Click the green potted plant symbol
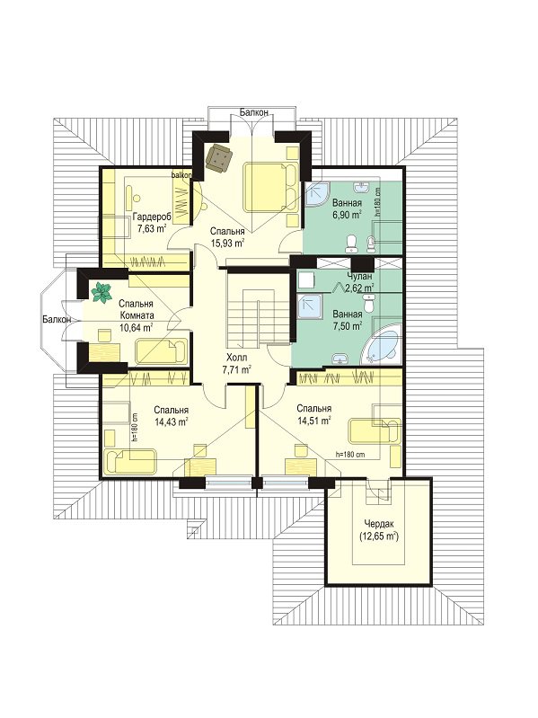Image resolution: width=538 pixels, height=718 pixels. (102, 292)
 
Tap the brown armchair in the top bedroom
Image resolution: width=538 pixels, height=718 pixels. (218, 157)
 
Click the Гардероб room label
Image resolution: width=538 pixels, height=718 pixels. (152, 217)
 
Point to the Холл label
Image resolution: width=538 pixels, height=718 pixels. (236, 357)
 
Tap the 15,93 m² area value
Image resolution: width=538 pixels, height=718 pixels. (227, 244)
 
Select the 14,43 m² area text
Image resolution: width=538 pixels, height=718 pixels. (171, 421)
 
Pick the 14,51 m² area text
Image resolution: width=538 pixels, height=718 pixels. (313, 420)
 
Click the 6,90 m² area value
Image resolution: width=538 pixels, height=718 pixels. (348, 214)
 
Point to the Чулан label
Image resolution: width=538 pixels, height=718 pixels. (359, 277)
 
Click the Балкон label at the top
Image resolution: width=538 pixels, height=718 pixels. (254, 111)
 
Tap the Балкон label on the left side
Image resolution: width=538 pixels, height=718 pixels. (57, 319)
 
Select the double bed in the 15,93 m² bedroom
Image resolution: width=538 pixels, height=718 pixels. (269, 187)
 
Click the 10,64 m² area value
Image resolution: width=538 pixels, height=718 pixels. (136, 327)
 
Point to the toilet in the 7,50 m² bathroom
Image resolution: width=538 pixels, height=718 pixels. (368, 302)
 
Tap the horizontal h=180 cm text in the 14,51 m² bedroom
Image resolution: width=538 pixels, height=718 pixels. (350, 455)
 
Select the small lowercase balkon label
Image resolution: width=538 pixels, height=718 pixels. (181, 175)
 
